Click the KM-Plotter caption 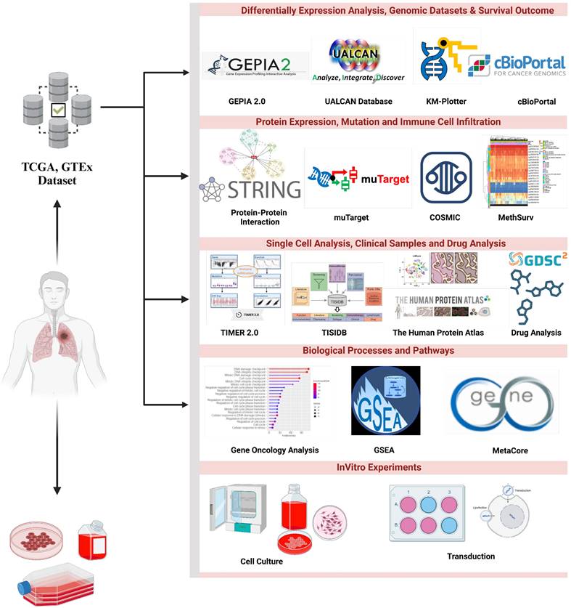[445, 102]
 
